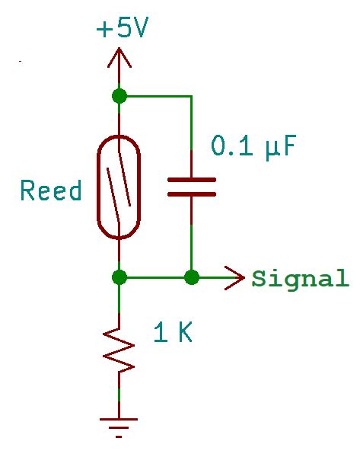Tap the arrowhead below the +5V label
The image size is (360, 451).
(x=119, y=57)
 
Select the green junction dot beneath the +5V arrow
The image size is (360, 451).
(x=119, y=96)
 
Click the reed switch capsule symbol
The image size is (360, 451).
(x=119, y=187)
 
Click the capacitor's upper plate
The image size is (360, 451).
(x=191, y=181)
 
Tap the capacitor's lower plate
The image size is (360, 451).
(x=191, y=194)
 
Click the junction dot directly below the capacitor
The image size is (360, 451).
(x=191, y=277)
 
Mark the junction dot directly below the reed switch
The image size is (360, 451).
(x=119, y=277)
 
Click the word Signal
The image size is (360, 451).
(x=300, y=278)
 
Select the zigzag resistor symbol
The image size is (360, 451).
(x=119, y=348)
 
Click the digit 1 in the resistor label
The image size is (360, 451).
(x=160, y=332)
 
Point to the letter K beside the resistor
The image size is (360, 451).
(x=183, y=332)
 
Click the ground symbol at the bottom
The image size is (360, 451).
(x=119, y=424)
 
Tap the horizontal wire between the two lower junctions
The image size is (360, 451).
(x=155, y=277)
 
